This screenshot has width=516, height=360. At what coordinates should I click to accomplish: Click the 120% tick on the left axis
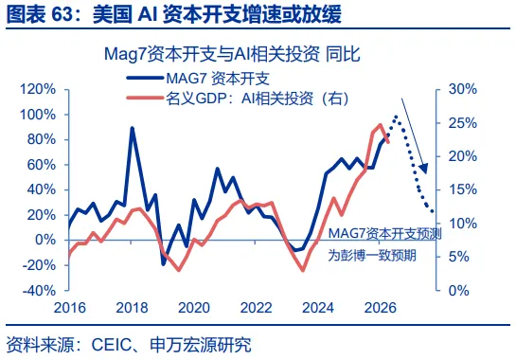point(66,89)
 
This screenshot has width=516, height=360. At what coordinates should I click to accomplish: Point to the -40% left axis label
point(39,290)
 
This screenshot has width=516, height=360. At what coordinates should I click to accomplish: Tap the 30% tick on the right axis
point(438,89)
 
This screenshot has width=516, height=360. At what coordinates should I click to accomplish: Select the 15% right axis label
point(463,189)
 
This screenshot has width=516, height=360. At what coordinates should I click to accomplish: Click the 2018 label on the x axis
point(132,308)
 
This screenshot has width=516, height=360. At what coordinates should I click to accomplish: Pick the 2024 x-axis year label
point(318,308)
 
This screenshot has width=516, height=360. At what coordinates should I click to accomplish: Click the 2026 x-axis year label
point(380,308)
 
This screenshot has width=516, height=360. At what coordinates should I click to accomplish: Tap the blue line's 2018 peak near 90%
point(133,128)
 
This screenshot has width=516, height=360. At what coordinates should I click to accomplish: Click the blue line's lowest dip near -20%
point(164,263)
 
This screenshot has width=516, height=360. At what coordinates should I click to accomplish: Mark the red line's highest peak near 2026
point(380,125)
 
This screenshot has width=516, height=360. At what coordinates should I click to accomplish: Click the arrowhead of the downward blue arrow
point(424,169)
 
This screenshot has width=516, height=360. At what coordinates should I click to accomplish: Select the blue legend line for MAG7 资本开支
point(145,78)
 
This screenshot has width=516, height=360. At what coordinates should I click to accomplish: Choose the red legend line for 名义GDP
point(145,98)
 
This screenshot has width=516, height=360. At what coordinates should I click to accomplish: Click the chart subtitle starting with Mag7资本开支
point(232,54)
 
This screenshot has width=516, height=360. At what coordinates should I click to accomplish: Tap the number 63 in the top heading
point(62,15)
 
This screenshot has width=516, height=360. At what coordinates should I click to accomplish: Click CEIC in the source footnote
point(111,345)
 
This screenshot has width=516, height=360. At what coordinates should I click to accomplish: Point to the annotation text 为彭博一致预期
point(372,255)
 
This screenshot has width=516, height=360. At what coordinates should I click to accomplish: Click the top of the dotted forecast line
point(396,117)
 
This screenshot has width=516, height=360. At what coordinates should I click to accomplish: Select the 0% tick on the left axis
point(66,240)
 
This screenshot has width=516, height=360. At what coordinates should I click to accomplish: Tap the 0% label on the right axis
point(459,290)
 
